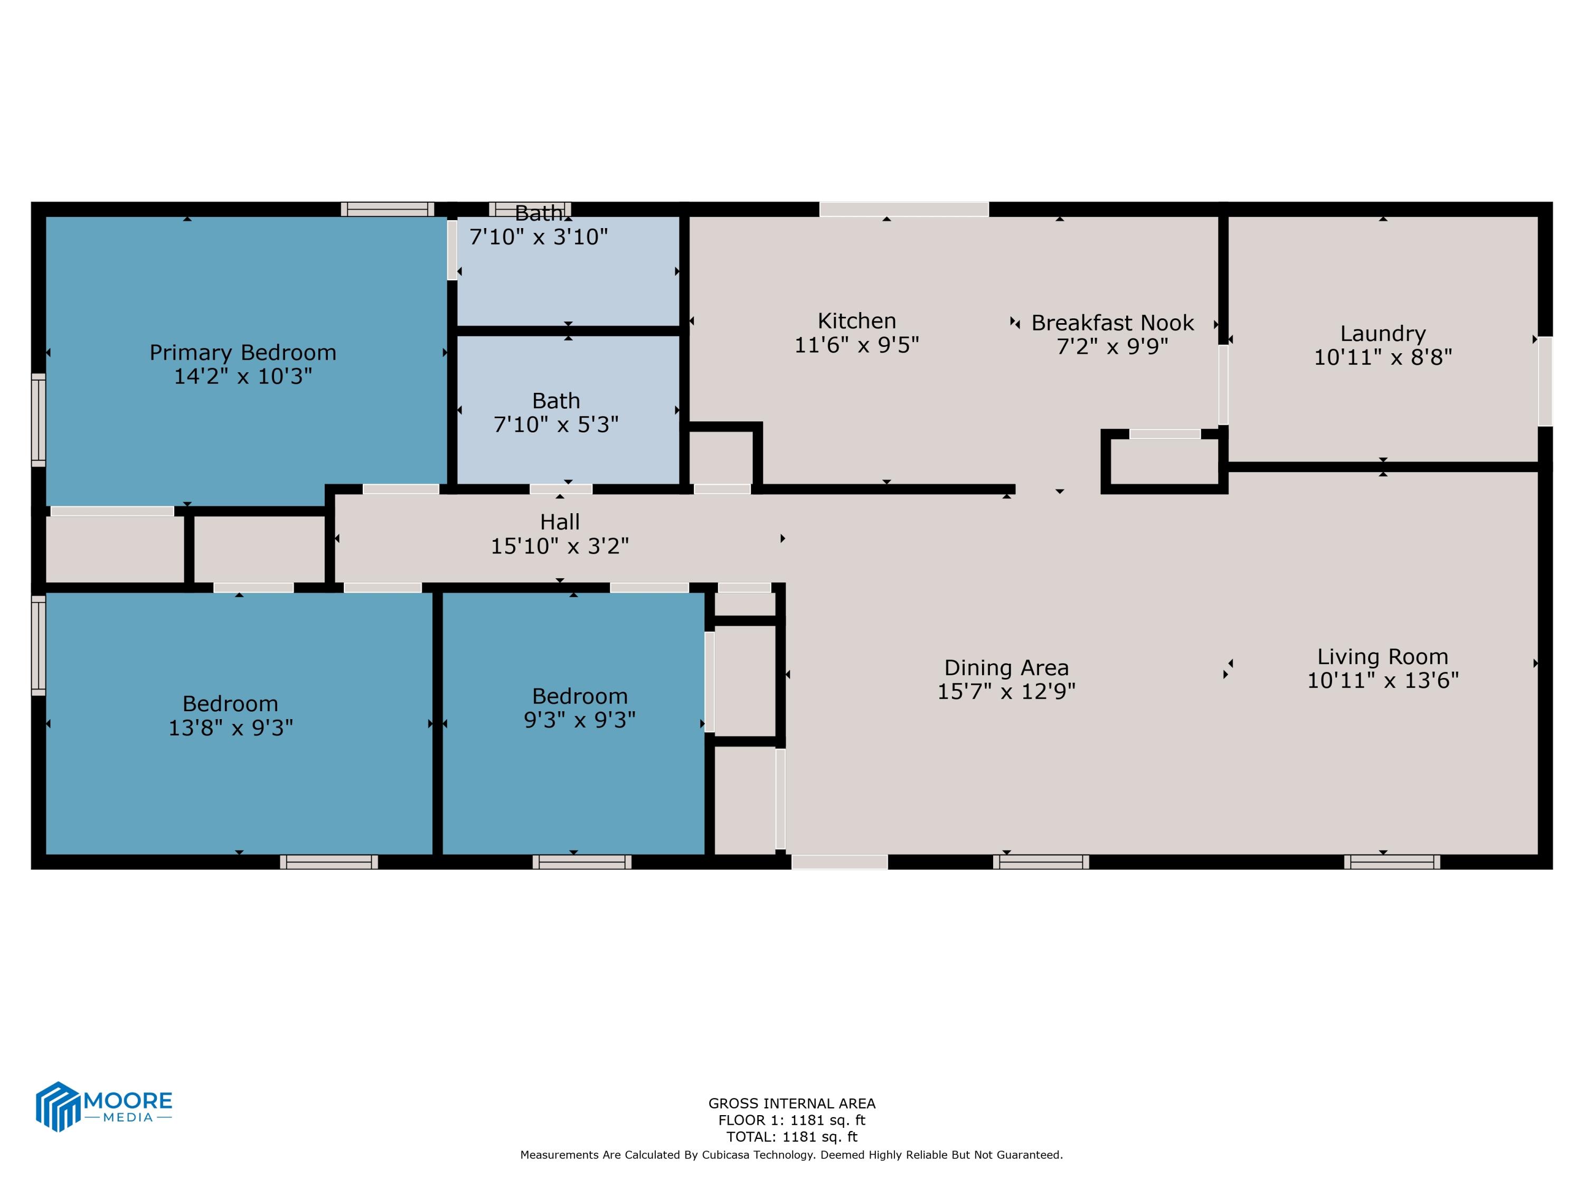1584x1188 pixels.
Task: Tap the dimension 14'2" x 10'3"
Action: click(x=243, y=376)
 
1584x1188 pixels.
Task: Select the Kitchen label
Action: click(x=856, y=321)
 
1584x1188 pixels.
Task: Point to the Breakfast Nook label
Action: click(x=1112, y=323)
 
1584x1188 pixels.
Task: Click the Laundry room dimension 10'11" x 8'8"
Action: click(x=1382, y=357)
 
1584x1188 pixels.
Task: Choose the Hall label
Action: click(x=560, y=522)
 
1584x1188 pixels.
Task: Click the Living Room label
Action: click(x=1382, y=657)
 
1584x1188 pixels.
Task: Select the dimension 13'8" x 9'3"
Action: click(x=231, y=728)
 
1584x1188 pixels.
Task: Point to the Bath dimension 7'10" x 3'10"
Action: click(x=539, y=237)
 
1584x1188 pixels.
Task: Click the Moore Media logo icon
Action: click(x=57, y=1106)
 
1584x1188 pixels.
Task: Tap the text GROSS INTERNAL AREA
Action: click(x=791, y=1104)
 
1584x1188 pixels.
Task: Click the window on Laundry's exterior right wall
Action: click(x=1544, y=381)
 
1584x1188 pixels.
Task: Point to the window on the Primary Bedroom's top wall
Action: click(x=388, y=209)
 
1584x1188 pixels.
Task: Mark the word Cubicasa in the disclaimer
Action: click(x=730, y=1154)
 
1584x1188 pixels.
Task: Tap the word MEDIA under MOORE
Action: click(x=128, y=1117)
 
